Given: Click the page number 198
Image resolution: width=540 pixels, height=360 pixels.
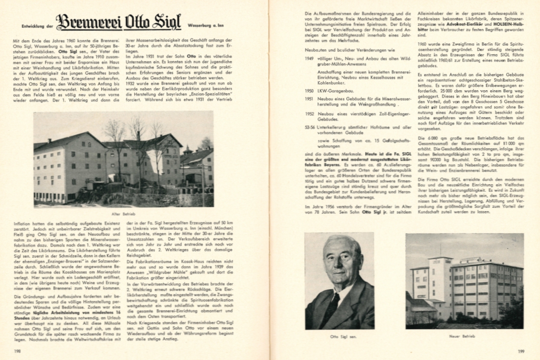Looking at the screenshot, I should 18,351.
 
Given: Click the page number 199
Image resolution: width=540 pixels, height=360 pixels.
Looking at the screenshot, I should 521,351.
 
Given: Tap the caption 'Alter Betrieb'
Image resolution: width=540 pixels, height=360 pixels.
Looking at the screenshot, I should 124,214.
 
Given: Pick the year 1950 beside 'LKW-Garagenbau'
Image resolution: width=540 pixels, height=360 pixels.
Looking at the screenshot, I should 309,91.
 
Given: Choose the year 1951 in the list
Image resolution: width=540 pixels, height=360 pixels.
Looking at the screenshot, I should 309,98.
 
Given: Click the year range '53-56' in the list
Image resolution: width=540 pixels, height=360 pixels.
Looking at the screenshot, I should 310,127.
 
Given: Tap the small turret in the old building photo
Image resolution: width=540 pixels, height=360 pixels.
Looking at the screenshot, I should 187,149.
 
